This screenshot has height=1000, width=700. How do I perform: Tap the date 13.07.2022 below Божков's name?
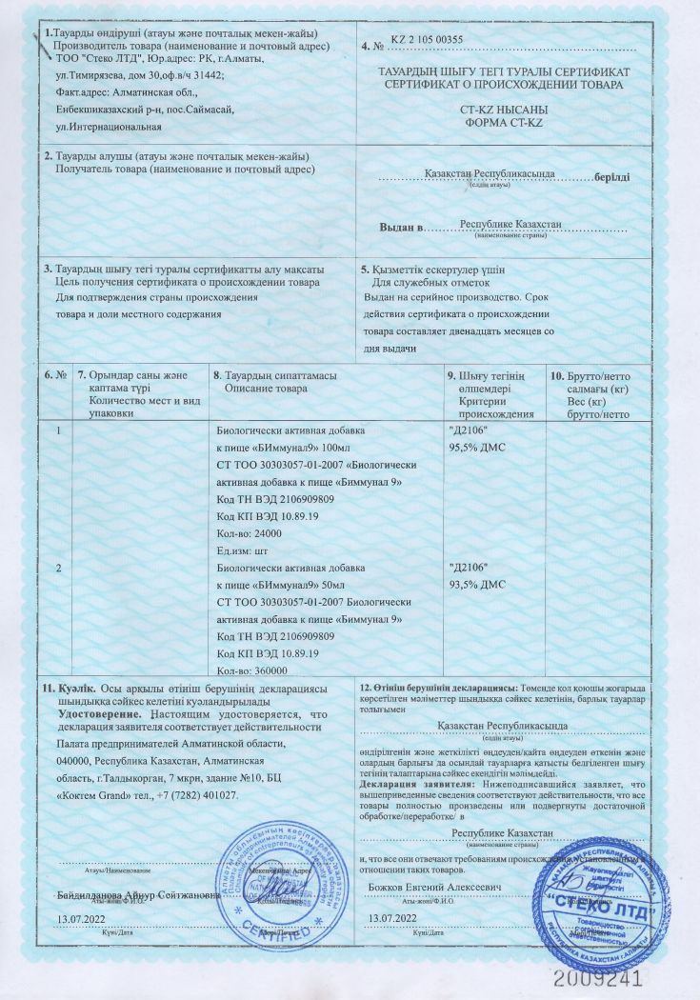tap(392, 916)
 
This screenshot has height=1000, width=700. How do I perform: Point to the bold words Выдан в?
tap(399, 227)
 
